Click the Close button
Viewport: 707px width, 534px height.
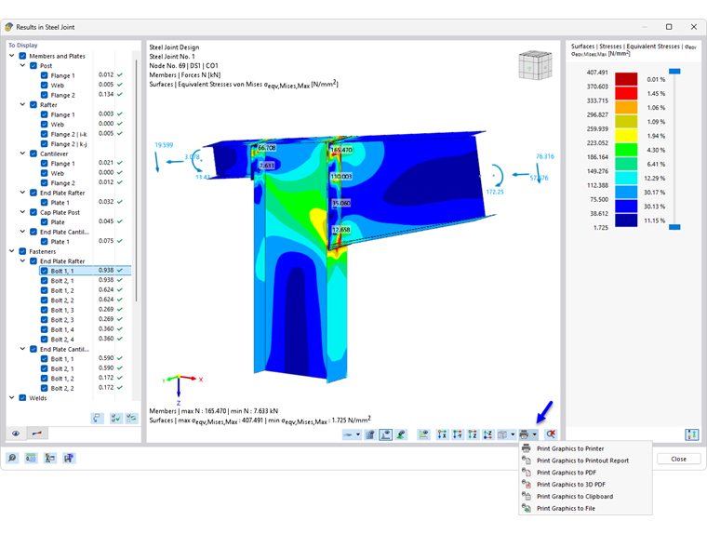tap(678, 459)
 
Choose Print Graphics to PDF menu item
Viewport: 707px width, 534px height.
tap(567, 473)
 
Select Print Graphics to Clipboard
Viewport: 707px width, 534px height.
tap(574, 497)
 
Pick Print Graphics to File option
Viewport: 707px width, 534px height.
tap(566, 509)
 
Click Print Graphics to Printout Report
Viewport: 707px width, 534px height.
tap(582, 461)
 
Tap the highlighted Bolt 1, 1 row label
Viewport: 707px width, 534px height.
tap(62, 271)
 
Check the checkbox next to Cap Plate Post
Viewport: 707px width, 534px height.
tap(33, 212)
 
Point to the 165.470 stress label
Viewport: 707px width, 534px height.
tap(341, 149)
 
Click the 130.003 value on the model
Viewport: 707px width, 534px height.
tap(341, 176)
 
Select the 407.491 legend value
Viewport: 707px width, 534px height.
tap(596, 72)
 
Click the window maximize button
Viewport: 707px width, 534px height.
tap(669, 26)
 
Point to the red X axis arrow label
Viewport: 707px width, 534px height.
tap(200, 379)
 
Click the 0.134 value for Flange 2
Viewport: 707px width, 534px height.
tap(106, 95)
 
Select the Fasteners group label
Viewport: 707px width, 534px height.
tap(43, 251)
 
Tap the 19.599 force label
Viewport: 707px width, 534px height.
tap(165, 145)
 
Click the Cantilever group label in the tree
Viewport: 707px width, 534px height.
tap(57, 154)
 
